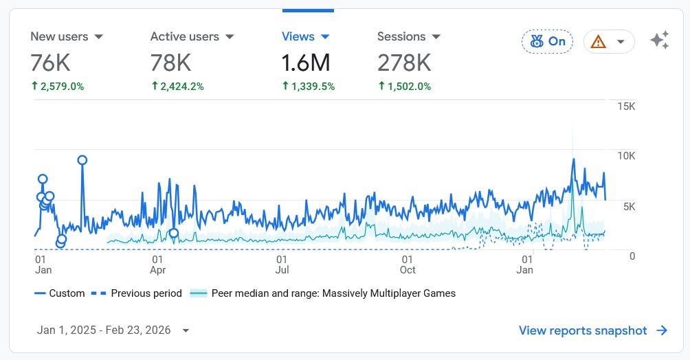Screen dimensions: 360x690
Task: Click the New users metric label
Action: click(58, 36)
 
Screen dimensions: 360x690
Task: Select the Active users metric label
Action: click(184, 36)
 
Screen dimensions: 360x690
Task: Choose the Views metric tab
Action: click(298, 36)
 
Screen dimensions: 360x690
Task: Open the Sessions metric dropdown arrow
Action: click(436, 37)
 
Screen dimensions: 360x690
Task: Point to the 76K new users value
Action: click(50, 63)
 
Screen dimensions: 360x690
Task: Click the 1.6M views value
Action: click(306, 63)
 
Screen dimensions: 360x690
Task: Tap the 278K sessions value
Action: click(404, 63)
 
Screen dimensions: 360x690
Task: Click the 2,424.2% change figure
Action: click(181, 87)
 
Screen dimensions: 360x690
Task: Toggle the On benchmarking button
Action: click(547, 41)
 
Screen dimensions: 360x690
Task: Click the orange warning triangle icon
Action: click(599, 42)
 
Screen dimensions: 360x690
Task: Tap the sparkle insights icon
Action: click(659, 41)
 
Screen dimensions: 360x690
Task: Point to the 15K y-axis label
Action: click(626, 106)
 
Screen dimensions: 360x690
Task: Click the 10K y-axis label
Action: click(626, 156)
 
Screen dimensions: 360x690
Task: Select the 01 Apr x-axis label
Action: click(157, 265)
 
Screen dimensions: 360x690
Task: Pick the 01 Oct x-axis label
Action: click(408, 265)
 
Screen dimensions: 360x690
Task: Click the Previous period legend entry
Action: click(146, 293)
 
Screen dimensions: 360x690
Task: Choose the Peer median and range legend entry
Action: click(333, 293)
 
